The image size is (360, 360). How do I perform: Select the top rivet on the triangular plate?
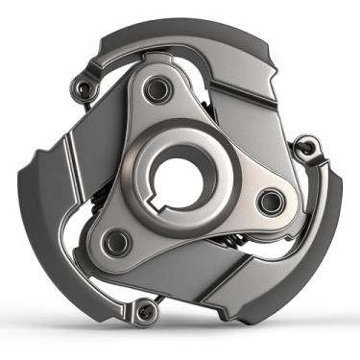(153, 91)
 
